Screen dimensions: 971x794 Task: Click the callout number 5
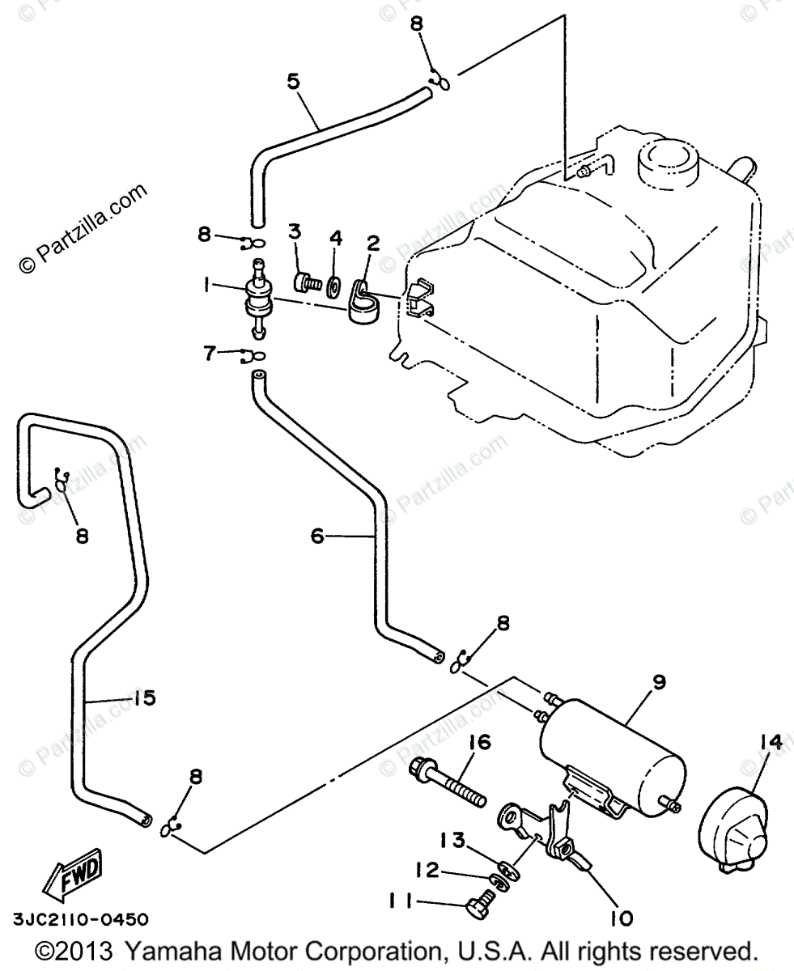[x=293, y=81]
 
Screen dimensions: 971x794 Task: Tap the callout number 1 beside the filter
[x=209, y=286]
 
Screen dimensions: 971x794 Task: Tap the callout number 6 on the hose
[x=317, y=535]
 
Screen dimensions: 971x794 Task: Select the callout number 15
[x=143, y=698]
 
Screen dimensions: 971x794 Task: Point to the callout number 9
[x=659, y=682]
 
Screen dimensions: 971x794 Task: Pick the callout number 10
[x=622, y=918]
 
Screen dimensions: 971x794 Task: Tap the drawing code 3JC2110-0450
[x=80, y=919]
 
